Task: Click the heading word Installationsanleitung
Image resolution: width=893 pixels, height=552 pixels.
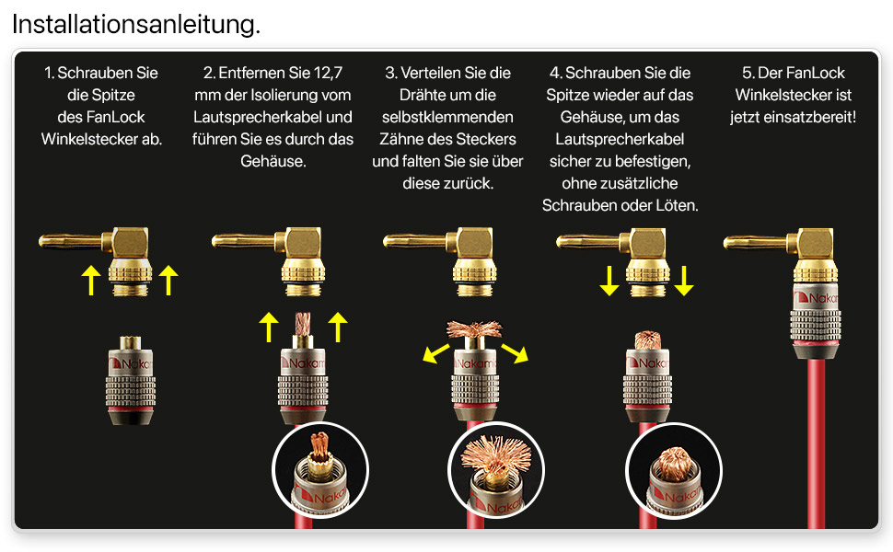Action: coord(136,24)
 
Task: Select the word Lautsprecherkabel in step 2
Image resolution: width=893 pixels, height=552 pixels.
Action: coord(258,117)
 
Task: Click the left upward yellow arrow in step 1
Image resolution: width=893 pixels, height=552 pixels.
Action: coord(91,280)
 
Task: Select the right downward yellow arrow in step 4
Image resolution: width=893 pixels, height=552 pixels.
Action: coord(684,281)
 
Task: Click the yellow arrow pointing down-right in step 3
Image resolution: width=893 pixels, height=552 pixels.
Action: coord(515,352)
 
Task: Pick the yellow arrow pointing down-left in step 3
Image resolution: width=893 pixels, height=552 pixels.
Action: coord(436,352)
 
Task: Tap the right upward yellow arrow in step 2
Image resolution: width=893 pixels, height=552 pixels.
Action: coord(338,327)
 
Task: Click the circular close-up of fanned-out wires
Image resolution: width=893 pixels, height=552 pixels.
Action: coord(496,470)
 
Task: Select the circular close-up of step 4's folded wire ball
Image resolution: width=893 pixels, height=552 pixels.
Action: coord(674,471)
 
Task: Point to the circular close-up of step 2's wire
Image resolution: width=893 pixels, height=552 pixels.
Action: coord(320,470)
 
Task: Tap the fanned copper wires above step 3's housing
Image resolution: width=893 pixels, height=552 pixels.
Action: coord(474,329)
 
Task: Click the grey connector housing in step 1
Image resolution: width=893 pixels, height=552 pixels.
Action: coord(131,381)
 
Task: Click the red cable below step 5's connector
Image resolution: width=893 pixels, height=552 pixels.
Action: coord(816,438)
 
